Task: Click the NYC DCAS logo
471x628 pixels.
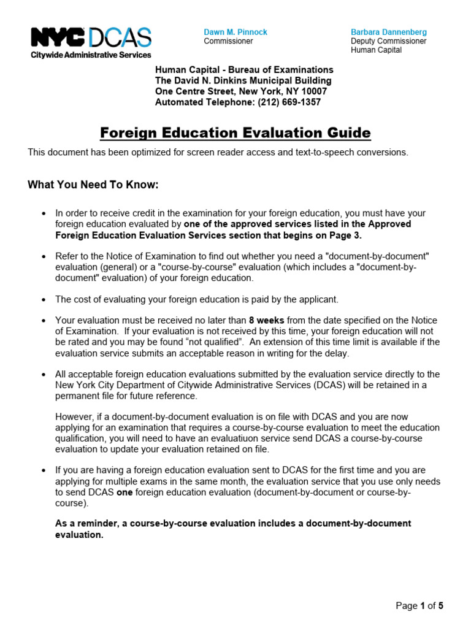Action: coord(91,38)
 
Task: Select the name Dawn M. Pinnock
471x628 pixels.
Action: coord(235,32)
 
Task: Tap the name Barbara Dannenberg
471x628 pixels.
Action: coord(389,32)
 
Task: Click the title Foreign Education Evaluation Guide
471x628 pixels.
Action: coord(235,132)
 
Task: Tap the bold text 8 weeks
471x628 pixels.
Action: coord(266,320)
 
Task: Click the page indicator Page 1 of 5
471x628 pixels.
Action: coord(419,606)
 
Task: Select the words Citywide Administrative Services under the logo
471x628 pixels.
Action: coord(91,55)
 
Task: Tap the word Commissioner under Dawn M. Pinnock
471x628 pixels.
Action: coord(228,41)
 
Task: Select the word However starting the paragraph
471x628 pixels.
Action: coord(74,416)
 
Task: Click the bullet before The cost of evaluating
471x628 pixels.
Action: coord(43,300)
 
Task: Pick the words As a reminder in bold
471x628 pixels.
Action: coord(83,523)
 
